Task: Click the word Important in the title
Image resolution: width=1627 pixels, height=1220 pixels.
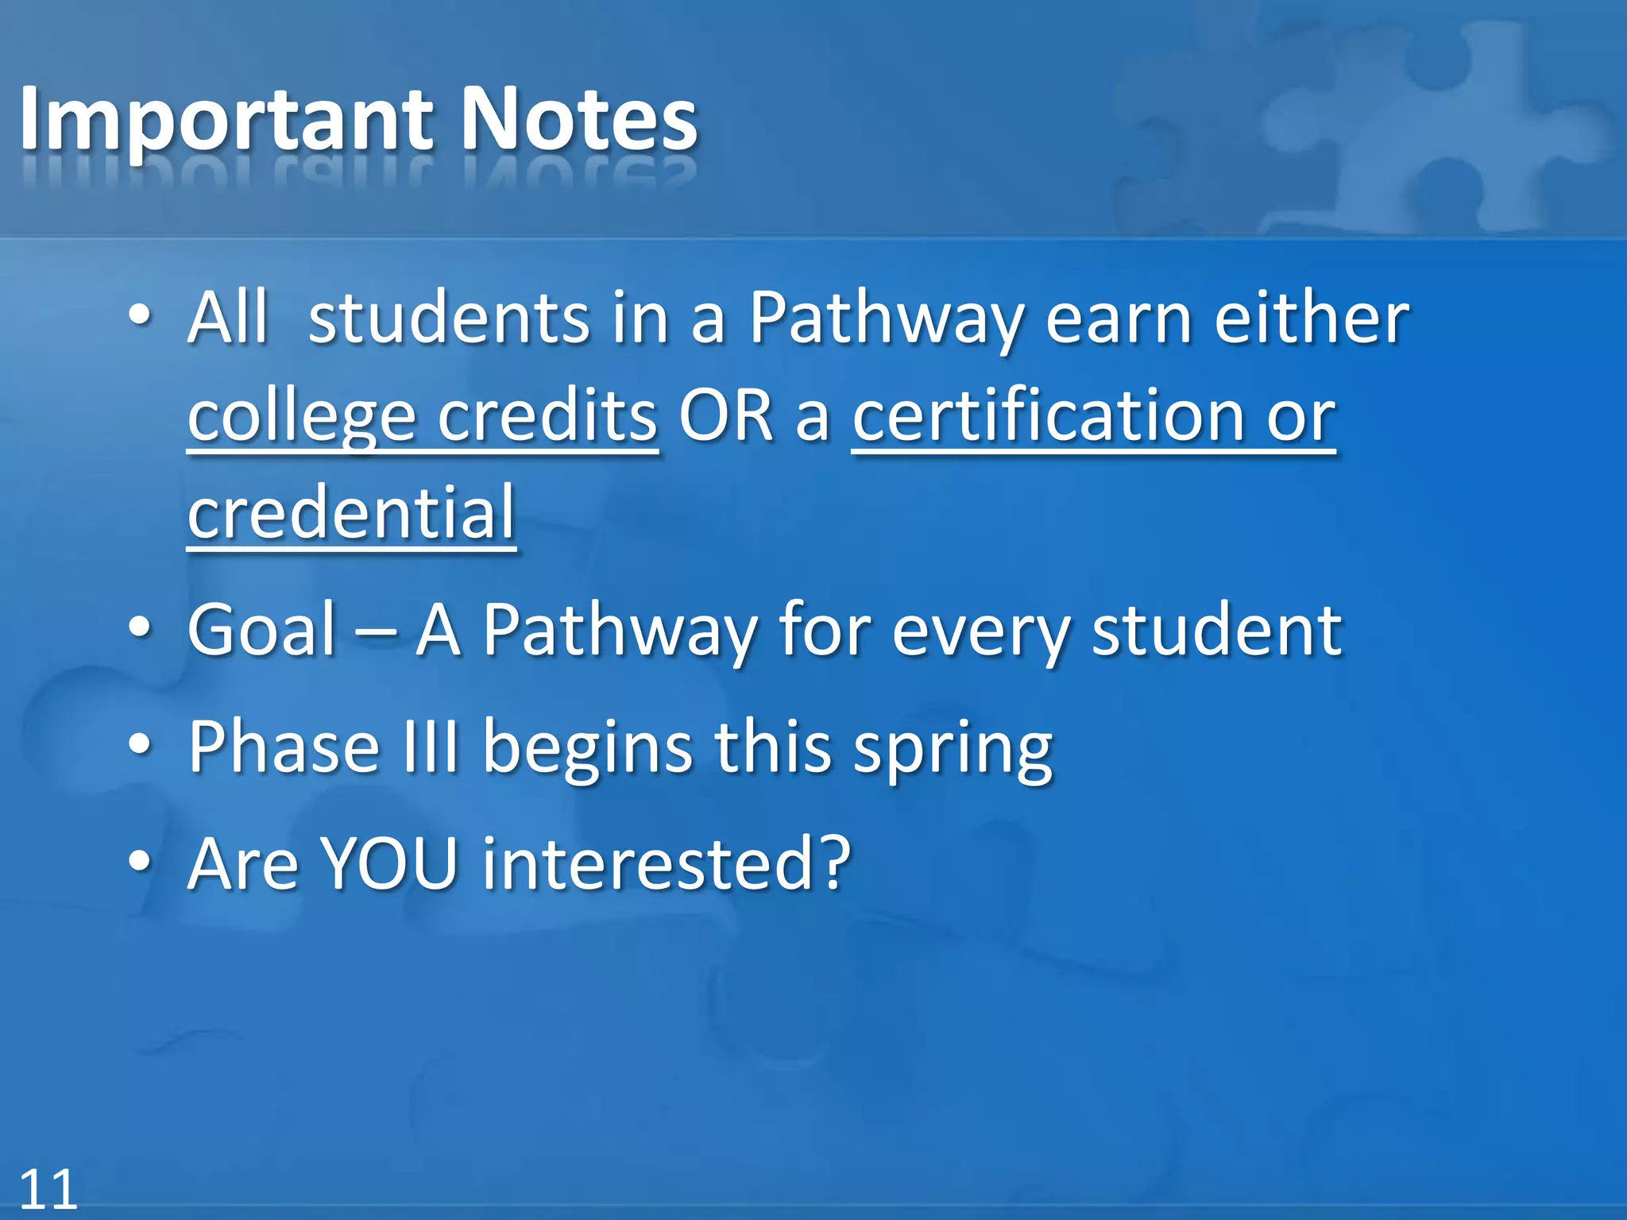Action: point(226,121)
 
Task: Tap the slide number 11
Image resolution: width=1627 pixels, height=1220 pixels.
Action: point(48,1189)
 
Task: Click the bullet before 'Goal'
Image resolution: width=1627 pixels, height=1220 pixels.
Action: point(140,629)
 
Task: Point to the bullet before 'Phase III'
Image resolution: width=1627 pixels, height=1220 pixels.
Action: point(140,747)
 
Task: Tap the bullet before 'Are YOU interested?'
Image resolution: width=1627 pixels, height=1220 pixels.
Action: point(140,863)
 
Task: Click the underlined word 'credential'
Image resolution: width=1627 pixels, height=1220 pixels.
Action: point(352,512)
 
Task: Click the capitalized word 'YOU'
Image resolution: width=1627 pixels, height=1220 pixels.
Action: point(389,863)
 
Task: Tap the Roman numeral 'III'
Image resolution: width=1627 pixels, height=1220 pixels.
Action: point(431,747)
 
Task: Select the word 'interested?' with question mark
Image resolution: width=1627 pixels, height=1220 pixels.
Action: point(667,863)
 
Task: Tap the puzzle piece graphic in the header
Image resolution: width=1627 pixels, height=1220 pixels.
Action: point(1430,127)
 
